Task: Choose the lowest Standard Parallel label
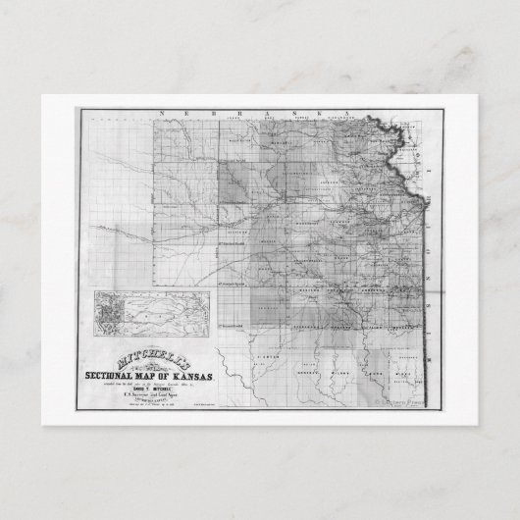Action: pyautogui.click(x=233, y=322)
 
